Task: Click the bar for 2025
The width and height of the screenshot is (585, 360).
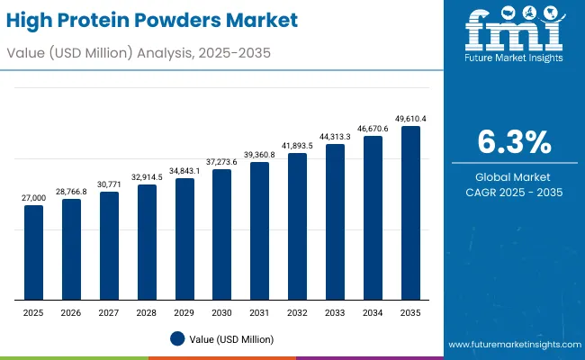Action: pyautogui.click(x=33, y=253)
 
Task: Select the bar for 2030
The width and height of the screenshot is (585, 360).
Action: pyautogui.click(x=221, y=235)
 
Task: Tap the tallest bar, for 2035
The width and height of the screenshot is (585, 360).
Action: pyautogui.click(x=410, y=213)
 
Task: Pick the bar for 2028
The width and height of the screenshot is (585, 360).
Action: pyautogui.click(x=147, y=243)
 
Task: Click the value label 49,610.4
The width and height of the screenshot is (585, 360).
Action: pyautogui.click(x=410, y=118)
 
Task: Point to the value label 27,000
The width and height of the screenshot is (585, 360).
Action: pyautogui.click(x=33, y=197)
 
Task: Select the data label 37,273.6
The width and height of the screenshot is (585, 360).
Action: pyautogui.click(x=221, y=161)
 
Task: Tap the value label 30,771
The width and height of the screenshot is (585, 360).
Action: pyautogui.click(x=109, y=184)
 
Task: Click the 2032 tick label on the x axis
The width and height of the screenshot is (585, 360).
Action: pyautogui.click(x=297, y=313)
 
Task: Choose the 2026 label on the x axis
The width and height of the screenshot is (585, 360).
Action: pyautogui.click(x=71, y=313)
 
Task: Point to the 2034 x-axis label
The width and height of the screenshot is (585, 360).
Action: pyautogui.click(x=373, y=313)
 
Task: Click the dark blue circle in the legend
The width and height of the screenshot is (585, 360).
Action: pyautogui.click(x=177, y=338)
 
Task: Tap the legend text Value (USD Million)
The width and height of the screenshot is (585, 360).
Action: pyautogui.click(x=231, y=338)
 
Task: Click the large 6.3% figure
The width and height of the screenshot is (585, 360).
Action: pyautogui.click(x=512, y=143)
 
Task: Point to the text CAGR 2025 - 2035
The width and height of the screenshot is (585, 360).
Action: pyautogui.click(x=512, y=193)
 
